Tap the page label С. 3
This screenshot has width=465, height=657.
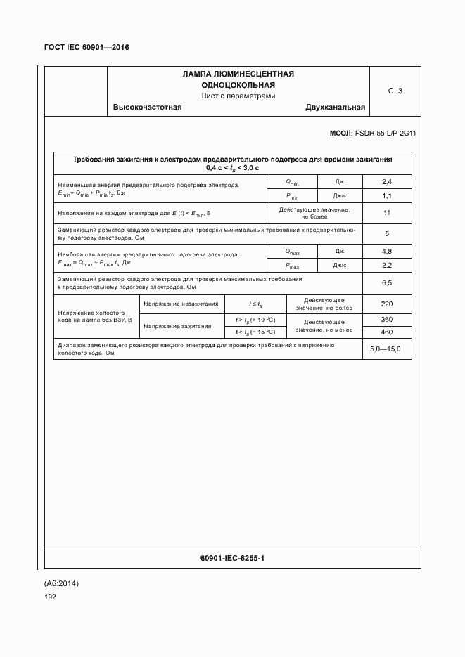point(395,91)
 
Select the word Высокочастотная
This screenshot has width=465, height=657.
point(147,108)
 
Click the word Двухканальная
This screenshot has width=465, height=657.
point(335,108)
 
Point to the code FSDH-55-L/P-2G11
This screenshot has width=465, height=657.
point(385,133)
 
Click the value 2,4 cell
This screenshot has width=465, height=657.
point(386,182)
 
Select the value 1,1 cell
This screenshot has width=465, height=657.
point(386,196)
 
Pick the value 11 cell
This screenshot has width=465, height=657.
point(386,213)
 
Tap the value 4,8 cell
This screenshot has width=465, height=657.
point(386,251)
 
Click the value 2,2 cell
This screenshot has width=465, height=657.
point(386,266)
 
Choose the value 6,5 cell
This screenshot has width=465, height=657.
point(386,282)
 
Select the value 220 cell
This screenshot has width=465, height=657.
point(386,304)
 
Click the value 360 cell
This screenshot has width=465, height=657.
point(386,320)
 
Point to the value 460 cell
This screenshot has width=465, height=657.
point(386,332)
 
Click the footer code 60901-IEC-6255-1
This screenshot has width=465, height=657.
point(232,558)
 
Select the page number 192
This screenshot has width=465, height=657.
point(50,597)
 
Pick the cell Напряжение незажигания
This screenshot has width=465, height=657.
point(180,304)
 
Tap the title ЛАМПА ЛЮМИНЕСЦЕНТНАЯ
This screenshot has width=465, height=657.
point(238,74)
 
